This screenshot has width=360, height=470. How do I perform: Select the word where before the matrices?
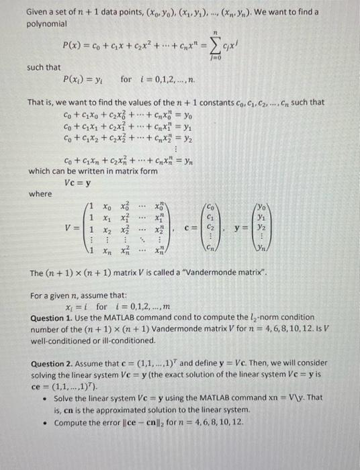pyautogui.click(x=40, y=193)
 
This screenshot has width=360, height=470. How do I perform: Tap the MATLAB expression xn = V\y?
pyautogui.click(x=291, y=397)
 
